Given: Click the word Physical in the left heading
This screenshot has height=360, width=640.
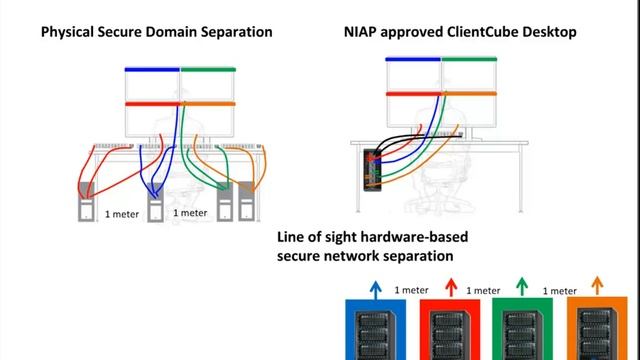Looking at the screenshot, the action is click(x=67, y=32).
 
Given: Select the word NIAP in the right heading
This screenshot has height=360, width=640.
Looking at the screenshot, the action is click(x=360, y=32).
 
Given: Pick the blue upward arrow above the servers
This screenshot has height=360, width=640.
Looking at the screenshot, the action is click(x=376, y=289).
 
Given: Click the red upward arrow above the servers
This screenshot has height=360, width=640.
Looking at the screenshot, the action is click(x=451, y=287).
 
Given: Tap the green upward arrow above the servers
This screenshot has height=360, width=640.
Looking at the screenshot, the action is click(x=522, y=286).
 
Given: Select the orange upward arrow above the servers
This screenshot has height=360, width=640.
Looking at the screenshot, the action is click(x=597, y=285).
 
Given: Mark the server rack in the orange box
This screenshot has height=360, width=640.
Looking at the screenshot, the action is click(x=597, y=334).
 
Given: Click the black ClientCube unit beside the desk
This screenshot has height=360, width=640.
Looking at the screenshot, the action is click(x=372, y=170).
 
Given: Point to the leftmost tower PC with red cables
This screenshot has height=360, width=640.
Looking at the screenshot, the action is click(x=86, y=202).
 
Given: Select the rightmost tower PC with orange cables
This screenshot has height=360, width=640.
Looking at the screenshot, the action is click(x=247, y=201).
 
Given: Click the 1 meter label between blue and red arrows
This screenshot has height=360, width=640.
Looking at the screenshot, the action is click(x=411, y=290).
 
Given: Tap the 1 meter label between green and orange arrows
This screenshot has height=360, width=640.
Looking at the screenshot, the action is click(x=560, y=291).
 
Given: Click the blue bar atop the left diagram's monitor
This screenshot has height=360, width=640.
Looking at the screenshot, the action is click(x=152, y=69).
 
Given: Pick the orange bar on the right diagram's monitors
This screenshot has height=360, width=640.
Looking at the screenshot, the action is click(x=469, y=93).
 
